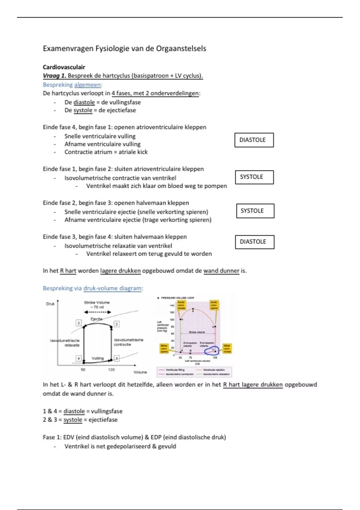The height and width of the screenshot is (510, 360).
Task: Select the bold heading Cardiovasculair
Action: tap(64, 67)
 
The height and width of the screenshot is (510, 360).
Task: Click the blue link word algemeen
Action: tap(88, 85)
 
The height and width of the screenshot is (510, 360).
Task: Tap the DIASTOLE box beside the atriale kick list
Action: tap(254, 140)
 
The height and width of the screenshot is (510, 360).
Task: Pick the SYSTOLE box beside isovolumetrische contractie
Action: tap(254, 177)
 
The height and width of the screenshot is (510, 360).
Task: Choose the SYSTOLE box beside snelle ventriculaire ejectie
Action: tap(255, 211)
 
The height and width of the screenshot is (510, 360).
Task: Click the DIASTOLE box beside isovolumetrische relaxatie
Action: tap(254, 242)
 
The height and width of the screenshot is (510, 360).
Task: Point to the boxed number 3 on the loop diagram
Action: tap(79, 323)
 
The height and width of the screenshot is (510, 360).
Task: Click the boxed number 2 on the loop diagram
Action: tap(117, 324)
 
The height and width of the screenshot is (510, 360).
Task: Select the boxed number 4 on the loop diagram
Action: tap(79, 358)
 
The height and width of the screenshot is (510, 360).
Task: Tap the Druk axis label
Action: tap(50, 304)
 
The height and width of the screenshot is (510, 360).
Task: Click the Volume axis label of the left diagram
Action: tap(140, 372)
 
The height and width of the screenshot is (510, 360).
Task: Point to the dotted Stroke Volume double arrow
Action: tap(97, 312)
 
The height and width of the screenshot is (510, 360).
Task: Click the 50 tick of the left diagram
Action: tap(83, 370)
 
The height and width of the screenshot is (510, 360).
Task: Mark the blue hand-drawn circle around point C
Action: tap(211, 350)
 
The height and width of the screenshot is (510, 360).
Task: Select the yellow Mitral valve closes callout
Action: tap(227, 349)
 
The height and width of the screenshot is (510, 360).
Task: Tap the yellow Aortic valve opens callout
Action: tap(214, 305)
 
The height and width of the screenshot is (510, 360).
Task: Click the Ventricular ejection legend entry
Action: tap(214, 370)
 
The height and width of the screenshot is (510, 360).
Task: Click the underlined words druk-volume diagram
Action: tap(112, 288)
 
